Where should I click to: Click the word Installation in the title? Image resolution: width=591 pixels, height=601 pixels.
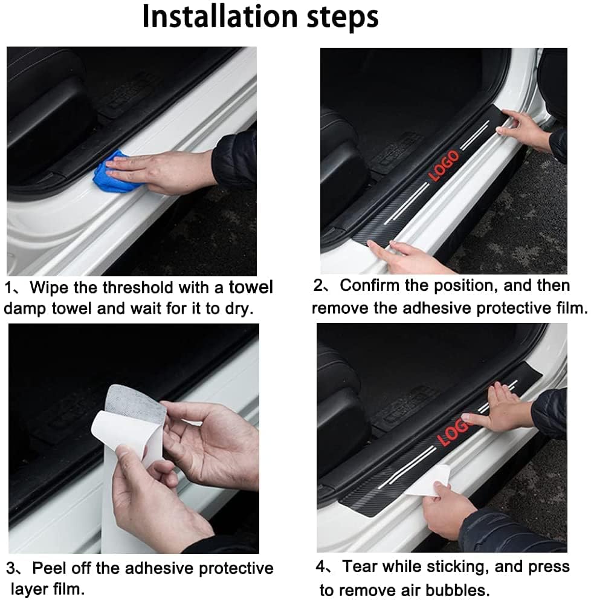(x=223, y=18)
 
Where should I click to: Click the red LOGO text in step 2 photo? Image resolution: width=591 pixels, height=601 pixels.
(x=444, y=166)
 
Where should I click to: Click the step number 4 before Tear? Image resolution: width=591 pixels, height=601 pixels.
(x=321, y=567)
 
